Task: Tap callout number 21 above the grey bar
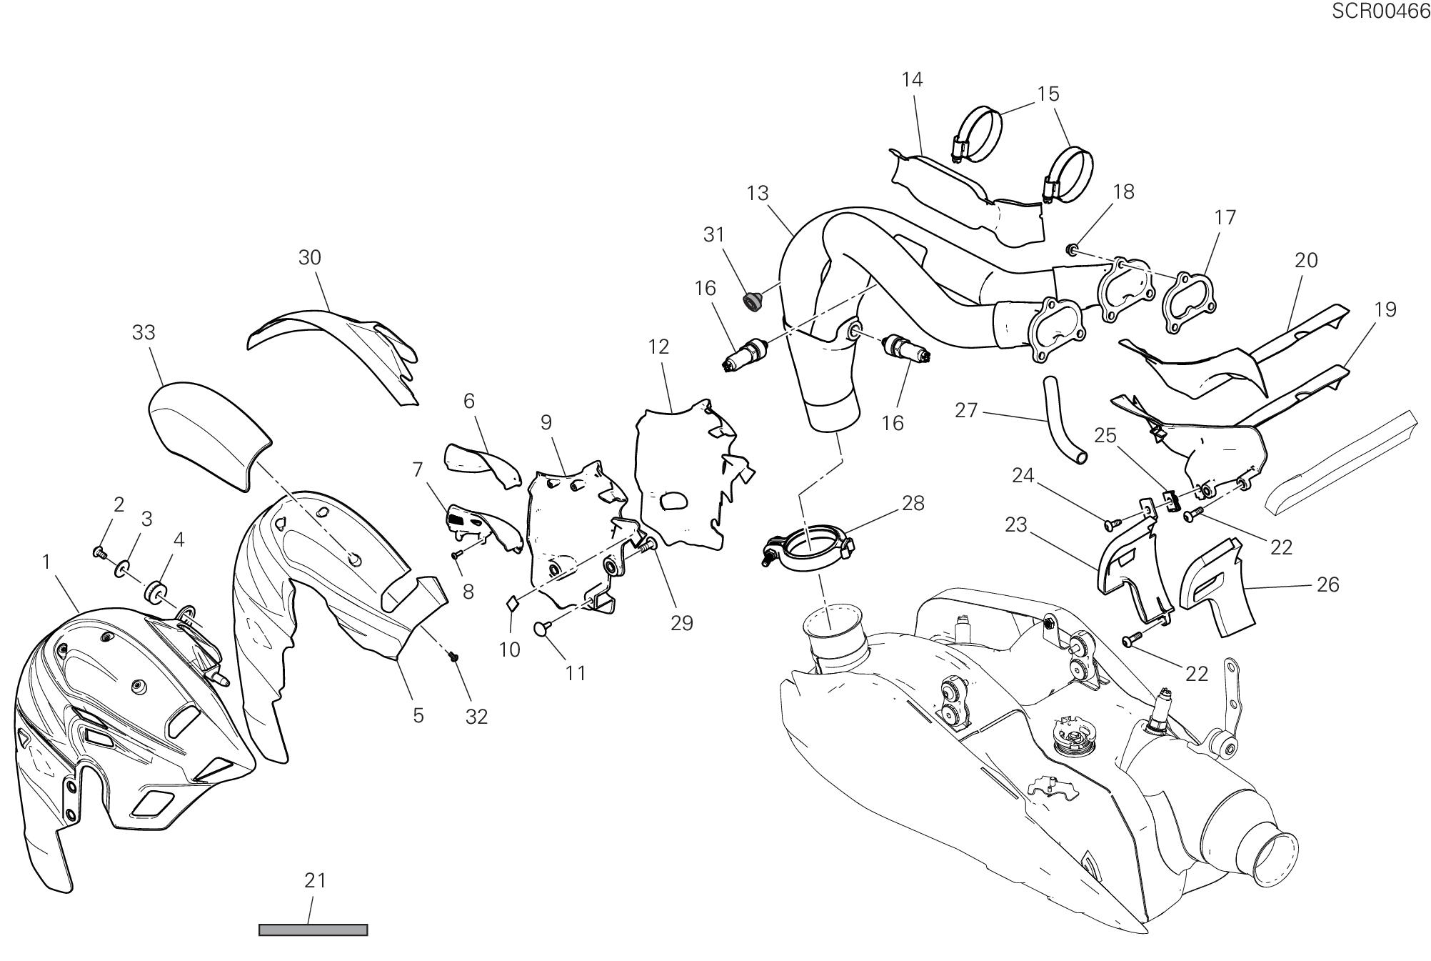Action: click(315, 881)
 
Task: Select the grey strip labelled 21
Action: click(313, 930)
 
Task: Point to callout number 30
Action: click(309, 258)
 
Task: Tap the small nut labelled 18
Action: click(1072, 249)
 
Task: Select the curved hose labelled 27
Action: click(1063, 422)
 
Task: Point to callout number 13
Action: click(758, 194)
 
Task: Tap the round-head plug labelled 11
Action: click(544, 628)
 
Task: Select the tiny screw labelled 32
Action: click(453, 656)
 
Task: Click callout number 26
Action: click(1327, 585)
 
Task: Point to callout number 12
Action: click(658, 347)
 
